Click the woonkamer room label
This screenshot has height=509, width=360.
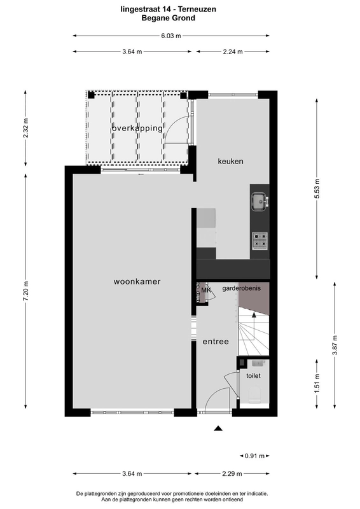point(137,281)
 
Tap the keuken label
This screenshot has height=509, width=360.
point(230,161)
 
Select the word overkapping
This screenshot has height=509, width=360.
point(137,129)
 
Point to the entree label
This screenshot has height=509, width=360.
point(216,342)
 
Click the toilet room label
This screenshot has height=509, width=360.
point(253,375)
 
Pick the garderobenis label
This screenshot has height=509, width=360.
point(241,288)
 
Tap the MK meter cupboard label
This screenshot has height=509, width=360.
point(206,290)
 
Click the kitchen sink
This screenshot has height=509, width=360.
point(260,201)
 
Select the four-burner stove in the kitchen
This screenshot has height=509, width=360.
point(260,241)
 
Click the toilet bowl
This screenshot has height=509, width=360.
point(255,394)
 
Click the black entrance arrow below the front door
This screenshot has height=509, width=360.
point(218,428)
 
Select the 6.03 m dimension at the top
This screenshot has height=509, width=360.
point(171,36)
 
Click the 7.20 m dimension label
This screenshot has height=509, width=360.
point(26,291)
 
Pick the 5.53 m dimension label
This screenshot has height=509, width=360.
point(317,188)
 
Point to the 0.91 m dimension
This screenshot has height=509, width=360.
point(254,456)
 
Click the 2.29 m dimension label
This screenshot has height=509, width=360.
point(232,473)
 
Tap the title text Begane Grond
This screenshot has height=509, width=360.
point(168,18)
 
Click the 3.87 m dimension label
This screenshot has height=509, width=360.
point(335,345)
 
